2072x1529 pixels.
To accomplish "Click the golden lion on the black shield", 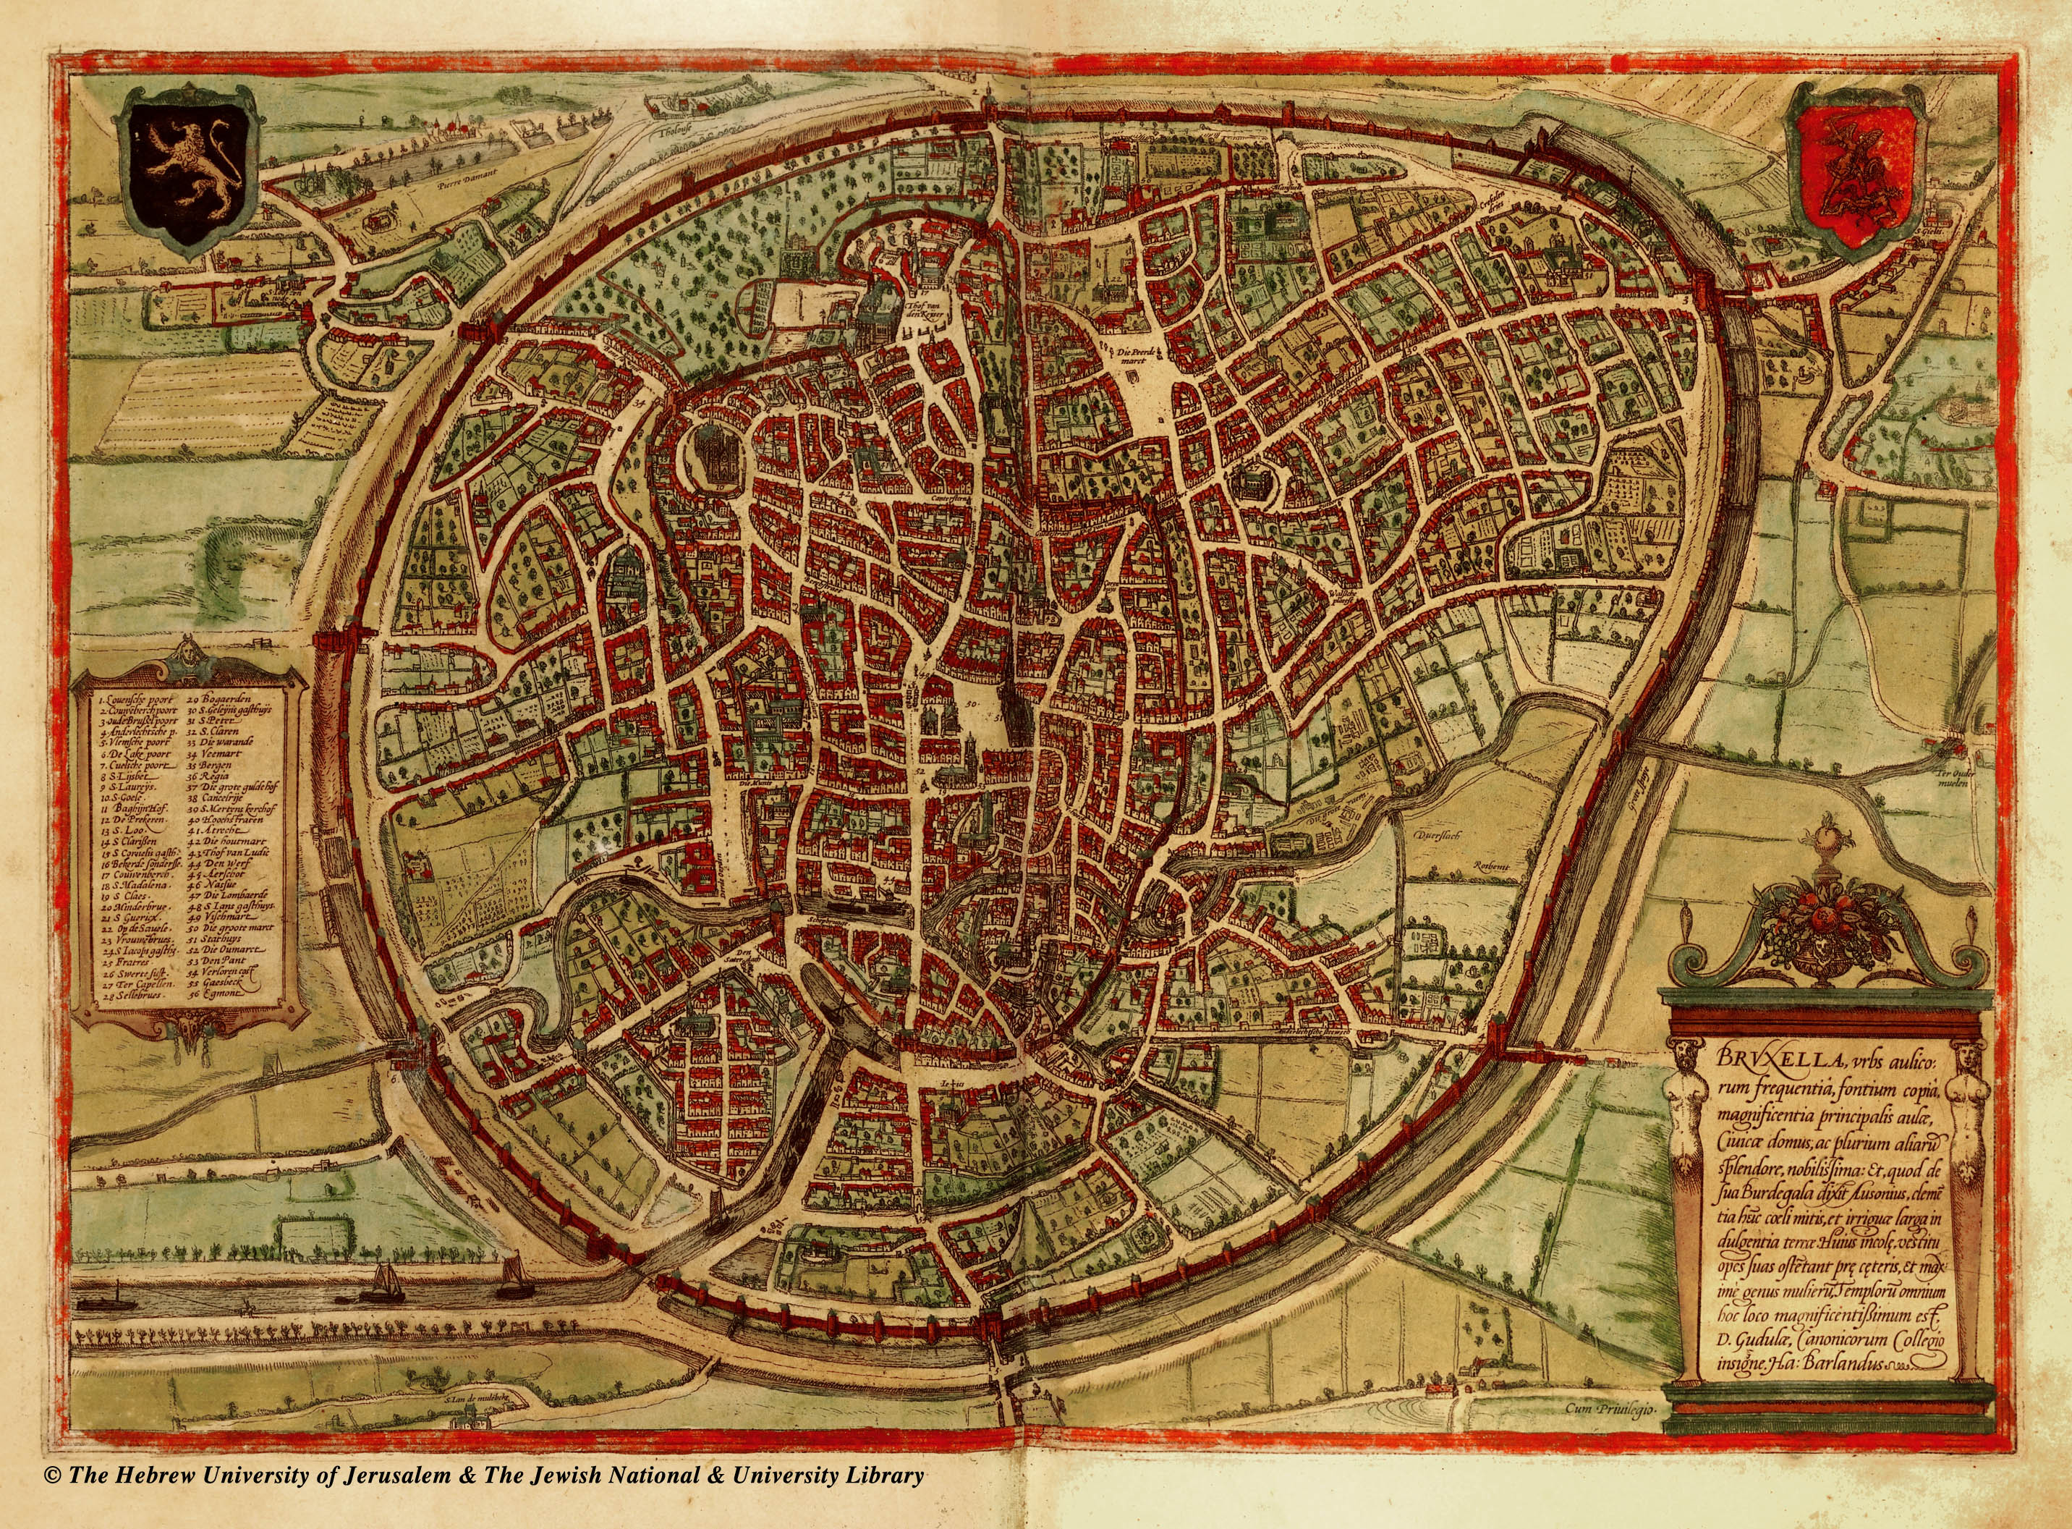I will tap(189, 165).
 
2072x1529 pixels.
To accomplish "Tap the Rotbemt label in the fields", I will tap(1493, 866).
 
